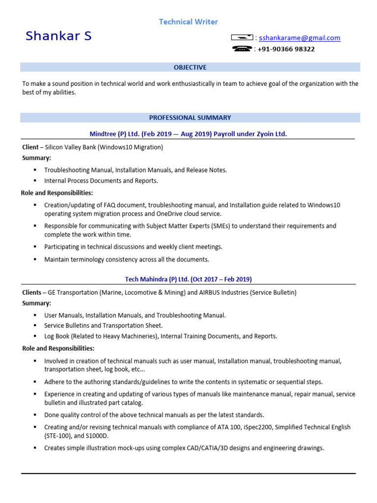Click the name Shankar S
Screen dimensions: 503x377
58,36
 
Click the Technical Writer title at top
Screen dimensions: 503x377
188,22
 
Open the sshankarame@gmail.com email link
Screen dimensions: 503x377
299,38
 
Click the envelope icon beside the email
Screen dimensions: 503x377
242,38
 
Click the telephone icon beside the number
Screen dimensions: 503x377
242,49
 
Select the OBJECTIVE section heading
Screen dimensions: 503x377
190,67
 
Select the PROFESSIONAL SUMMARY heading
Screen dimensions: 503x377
190,118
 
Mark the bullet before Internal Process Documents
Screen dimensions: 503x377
35,181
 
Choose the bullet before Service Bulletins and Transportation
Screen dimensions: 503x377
35,326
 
